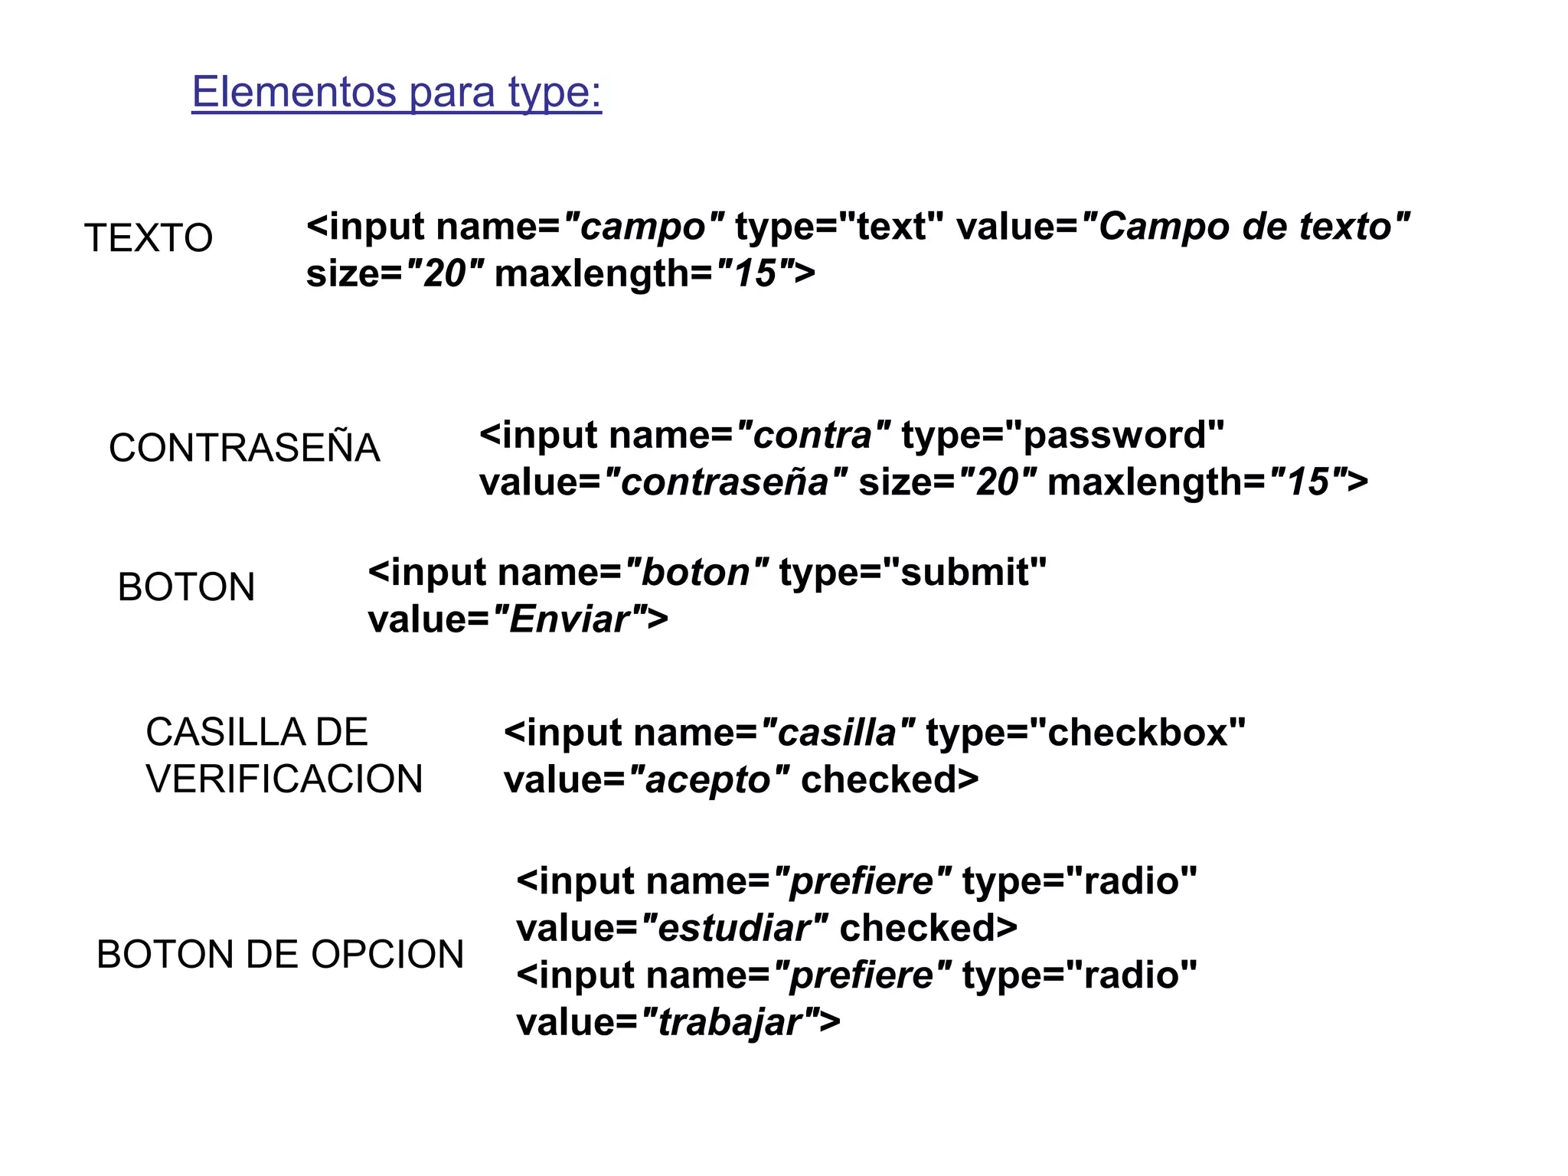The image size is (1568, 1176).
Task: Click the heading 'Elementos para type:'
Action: pyautogui.click(x=397, y=92)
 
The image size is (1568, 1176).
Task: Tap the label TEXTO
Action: pyautogui.click(x=149, y=237)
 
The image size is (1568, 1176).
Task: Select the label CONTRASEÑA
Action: pyautogui.click(x=244, y=448)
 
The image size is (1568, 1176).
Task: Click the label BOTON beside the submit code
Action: pyautogui.click(x=186, y=587)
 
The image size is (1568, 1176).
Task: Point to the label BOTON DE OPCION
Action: pyautogui.click(x=280, y=955)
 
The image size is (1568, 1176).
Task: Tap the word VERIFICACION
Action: pyautogui.click(x=284, y=779)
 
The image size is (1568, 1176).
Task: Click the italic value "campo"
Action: pyautogui.click(x=643, y=227)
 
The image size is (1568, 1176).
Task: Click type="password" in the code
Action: pyautogui.click(x=1063, y=436)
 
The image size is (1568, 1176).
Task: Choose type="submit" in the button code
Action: pyautogui.click(x=913, y=573)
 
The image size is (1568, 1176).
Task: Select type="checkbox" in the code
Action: pyautogui.click(x=1086, y=733)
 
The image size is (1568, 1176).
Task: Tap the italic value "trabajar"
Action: pyautogui.click(x=730, y=1022)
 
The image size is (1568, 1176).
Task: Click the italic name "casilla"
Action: pyautogui.click(x=838, y=733)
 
